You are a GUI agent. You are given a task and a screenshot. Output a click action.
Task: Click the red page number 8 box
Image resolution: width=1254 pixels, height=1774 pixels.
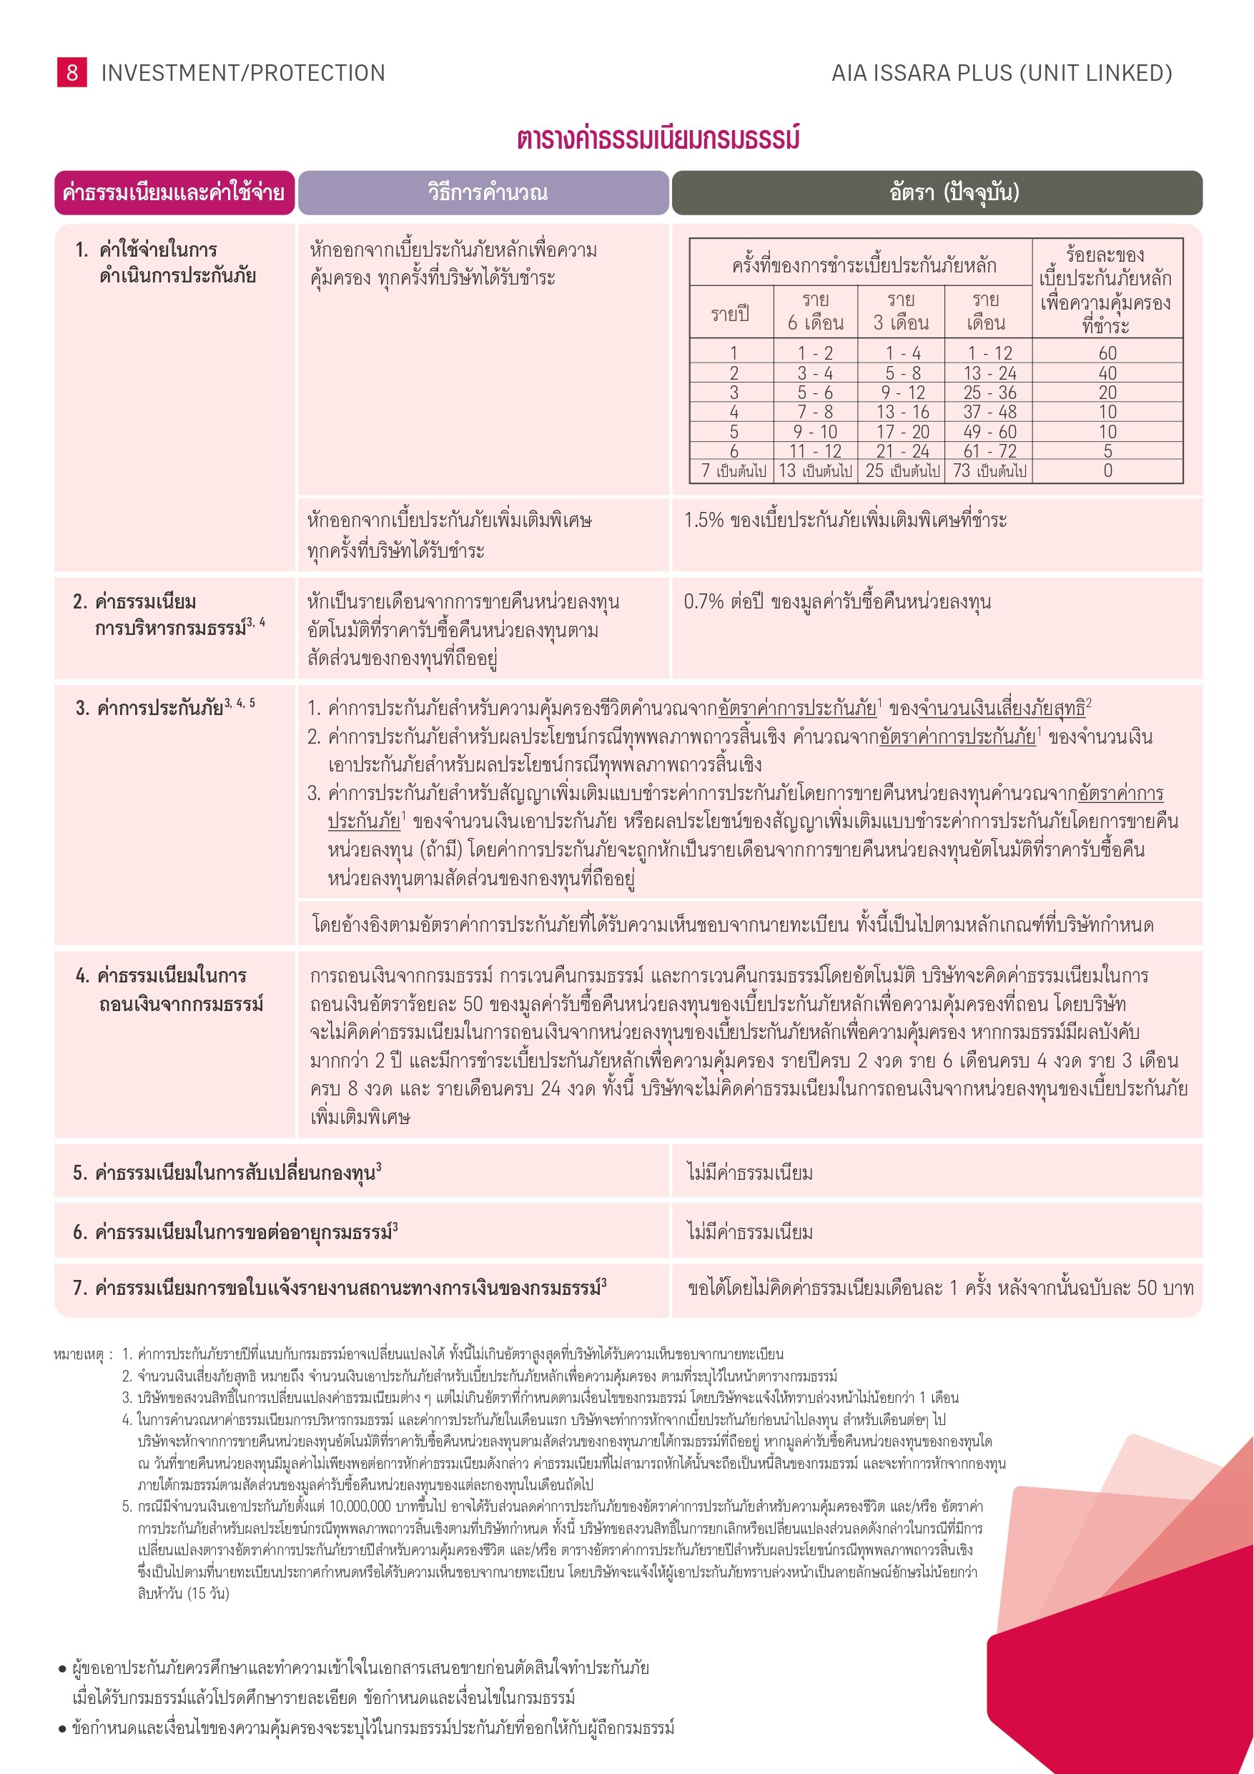point(72,73)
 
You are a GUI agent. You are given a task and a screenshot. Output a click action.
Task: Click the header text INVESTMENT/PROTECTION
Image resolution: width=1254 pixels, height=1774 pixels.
point(243,74)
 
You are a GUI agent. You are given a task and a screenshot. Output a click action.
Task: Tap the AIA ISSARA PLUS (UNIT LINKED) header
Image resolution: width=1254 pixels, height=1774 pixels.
point(1002,74)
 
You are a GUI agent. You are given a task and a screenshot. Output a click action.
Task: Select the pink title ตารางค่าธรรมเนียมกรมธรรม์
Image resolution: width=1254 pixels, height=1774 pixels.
point(658,139)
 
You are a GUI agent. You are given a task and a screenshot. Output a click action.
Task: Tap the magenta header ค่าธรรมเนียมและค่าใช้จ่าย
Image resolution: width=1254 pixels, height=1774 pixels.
point(174,192)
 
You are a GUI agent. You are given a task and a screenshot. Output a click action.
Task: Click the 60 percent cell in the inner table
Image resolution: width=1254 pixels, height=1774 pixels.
point(1107,353)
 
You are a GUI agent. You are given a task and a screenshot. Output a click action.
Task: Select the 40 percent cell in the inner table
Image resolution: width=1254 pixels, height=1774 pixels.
point(1107,373)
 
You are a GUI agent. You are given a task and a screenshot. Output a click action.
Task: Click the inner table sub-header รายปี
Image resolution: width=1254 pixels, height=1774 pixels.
point(730,314)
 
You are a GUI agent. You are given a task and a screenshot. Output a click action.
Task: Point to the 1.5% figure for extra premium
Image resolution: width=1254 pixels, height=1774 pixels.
point(703,520)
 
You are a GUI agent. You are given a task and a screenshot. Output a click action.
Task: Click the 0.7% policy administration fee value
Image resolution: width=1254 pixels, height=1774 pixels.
point(703,602)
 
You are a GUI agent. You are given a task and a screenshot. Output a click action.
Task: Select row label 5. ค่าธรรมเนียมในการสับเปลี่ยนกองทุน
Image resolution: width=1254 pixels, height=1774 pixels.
point(227,1173)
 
